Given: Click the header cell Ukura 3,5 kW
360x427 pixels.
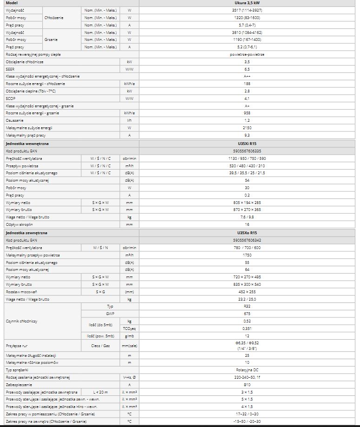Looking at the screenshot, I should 247,3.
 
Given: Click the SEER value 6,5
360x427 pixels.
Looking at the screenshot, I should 247,69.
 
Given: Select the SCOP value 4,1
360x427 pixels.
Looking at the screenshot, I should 247,99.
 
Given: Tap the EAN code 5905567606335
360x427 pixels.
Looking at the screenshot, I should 247,151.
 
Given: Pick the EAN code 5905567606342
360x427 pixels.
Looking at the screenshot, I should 247,240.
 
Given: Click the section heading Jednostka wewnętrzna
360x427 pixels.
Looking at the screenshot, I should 27,144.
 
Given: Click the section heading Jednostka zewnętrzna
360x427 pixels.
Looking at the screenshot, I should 27,233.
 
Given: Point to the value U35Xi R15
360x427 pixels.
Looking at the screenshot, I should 247,144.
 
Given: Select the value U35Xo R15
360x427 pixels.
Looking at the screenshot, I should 247,233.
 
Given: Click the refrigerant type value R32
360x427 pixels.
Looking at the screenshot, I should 247,307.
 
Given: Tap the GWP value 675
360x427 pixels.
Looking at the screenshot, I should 247,314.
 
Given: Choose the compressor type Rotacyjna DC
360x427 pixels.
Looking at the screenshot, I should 247,369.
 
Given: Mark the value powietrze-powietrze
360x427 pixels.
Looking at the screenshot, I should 247,54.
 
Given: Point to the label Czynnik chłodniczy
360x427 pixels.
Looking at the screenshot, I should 21,321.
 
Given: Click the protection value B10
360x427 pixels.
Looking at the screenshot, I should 247,384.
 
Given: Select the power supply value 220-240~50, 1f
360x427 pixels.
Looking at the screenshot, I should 247,377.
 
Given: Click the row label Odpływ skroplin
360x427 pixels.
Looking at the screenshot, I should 19,224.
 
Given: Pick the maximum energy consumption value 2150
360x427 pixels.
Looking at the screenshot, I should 247,127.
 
